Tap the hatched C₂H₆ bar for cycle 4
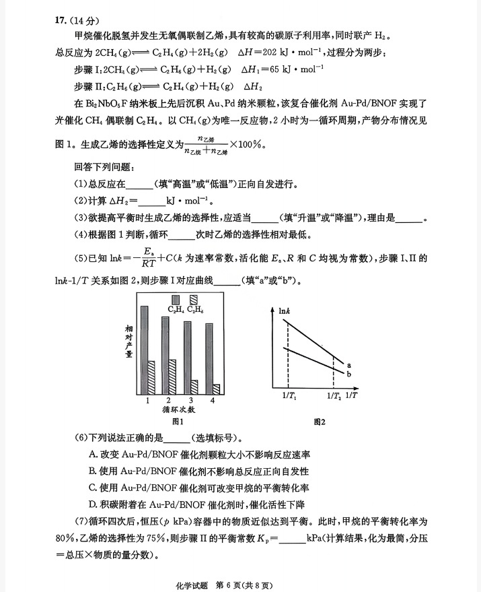pos(217,389)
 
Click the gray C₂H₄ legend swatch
pos(176,299)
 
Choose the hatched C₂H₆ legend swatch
pos(194,299)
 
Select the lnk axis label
pos(285,311)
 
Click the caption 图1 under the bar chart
pos(178,422)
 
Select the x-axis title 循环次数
pos(178,409)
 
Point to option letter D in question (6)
pos(92,504)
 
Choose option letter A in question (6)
pos(92,454)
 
